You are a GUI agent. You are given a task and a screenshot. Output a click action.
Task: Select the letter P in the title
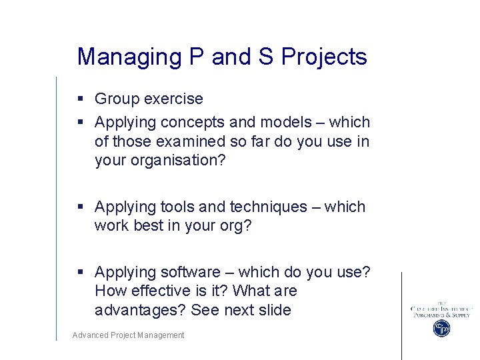pos(197,57)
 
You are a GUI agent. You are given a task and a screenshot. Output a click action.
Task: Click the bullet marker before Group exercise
pos(80,99)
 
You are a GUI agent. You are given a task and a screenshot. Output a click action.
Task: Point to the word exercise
pos(175,99)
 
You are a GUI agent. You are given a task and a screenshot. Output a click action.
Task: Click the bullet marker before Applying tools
pos(80,207)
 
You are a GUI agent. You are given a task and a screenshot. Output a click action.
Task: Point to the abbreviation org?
pos(236,226)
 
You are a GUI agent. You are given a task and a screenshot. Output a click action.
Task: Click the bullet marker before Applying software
pos(80,273)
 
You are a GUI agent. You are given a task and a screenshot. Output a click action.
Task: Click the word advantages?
pos(140,310)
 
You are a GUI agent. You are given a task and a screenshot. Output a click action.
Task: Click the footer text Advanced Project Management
pos(129,335)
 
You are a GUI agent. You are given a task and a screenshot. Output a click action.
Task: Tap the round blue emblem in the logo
pos(441,328)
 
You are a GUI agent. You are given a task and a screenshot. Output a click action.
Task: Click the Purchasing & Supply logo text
pos(441,315)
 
